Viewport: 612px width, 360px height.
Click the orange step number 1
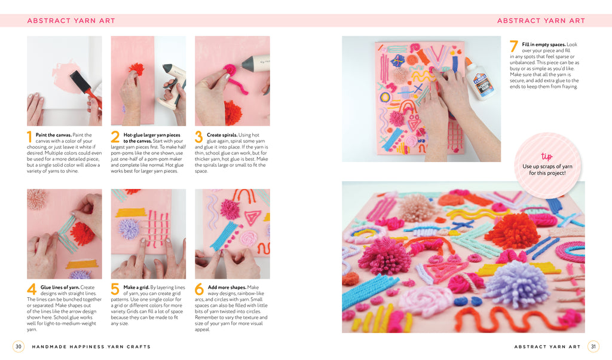point(29,137)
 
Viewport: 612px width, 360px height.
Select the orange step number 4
point(32,289)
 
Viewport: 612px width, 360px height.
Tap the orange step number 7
point(513,47)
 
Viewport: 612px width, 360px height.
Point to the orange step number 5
point(115,289)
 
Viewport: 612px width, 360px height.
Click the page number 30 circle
point(19,346)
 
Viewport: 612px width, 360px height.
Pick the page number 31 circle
point(593,346)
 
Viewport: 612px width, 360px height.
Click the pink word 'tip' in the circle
point(547,156)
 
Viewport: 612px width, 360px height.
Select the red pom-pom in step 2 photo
point(136,69)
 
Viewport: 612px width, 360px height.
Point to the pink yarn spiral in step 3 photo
point(229,71)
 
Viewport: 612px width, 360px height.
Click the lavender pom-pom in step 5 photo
point(129,229)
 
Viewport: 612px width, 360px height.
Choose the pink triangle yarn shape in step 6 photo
point(253,218)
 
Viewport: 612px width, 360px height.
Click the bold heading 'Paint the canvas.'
point(54,135)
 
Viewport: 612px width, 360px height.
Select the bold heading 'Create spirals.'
point(222,135)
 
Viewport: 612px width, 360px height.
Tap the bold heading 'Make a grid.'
point(136,288)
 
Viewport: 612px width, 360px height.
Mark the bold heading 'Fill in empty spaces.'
point(544,44)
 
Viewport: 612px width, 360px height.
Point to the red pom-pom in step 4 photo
point(82,233)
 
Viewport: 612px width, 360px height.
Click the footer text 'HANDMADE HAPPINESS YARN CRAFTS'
point(91,347)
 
